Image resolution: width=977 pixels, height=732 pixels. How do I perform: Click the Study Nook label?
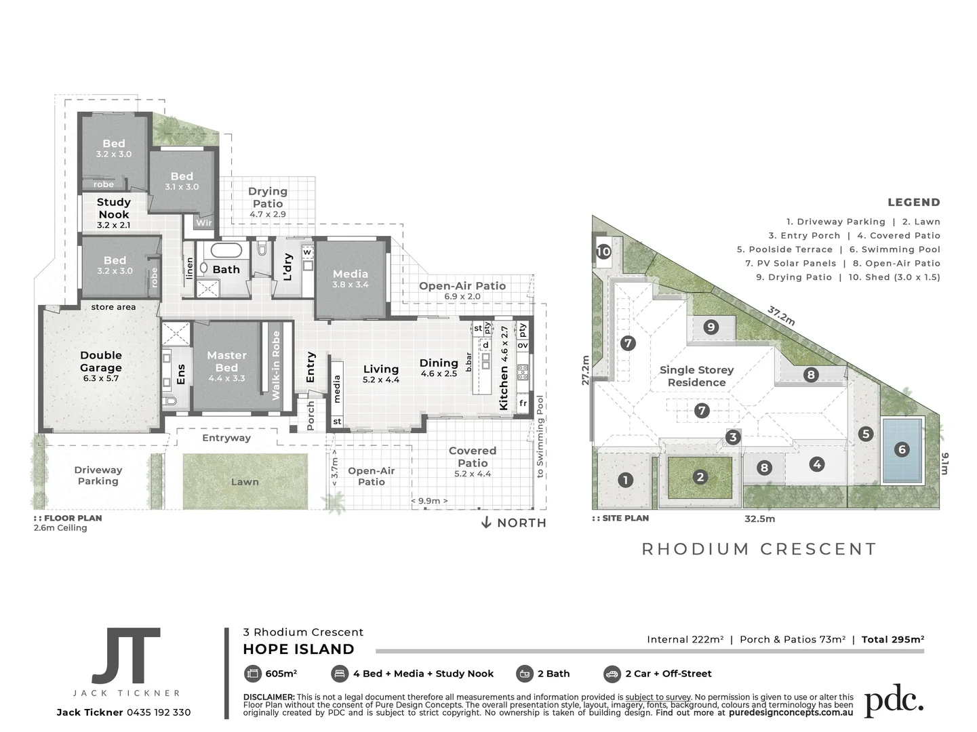113,209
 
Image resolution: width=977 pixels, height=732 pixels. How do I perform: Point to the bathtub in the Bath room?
223,250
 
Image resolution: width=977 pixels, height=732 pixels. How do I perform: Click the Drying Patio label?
268,197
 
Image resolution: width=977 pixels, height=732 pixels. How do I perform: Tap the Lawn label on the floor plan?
245,482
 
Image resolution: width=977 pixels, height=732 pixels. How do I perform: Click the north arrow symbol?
486,523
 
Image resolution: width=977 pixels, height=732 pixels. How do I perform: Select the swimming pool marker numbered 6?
902,449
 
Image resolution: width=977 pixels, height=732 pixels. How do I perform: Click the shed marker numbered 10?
603,251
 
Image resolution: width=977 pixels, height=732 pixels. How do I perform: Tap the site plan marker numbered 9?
711,327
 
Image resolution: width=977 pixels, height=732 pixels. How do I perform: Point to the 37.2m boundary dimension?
781,315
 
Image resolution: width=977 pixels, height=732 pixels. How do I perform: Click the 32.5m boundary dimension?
759,518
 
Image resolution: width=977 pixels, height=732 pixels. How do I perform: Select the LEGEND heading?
914,202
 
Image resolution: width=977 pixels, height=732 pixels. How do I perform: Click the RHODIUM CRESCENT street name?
759,549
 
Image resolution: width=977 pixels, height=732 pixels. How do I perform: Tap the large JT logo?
127,655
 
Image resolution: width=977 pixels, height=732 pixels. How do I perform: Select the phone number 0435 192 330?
159,712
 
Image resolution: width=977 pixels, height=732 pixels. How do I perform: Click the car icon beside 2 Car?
612,674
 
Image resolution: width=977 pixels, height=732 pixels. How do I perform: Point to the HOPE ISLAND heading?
298,649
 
